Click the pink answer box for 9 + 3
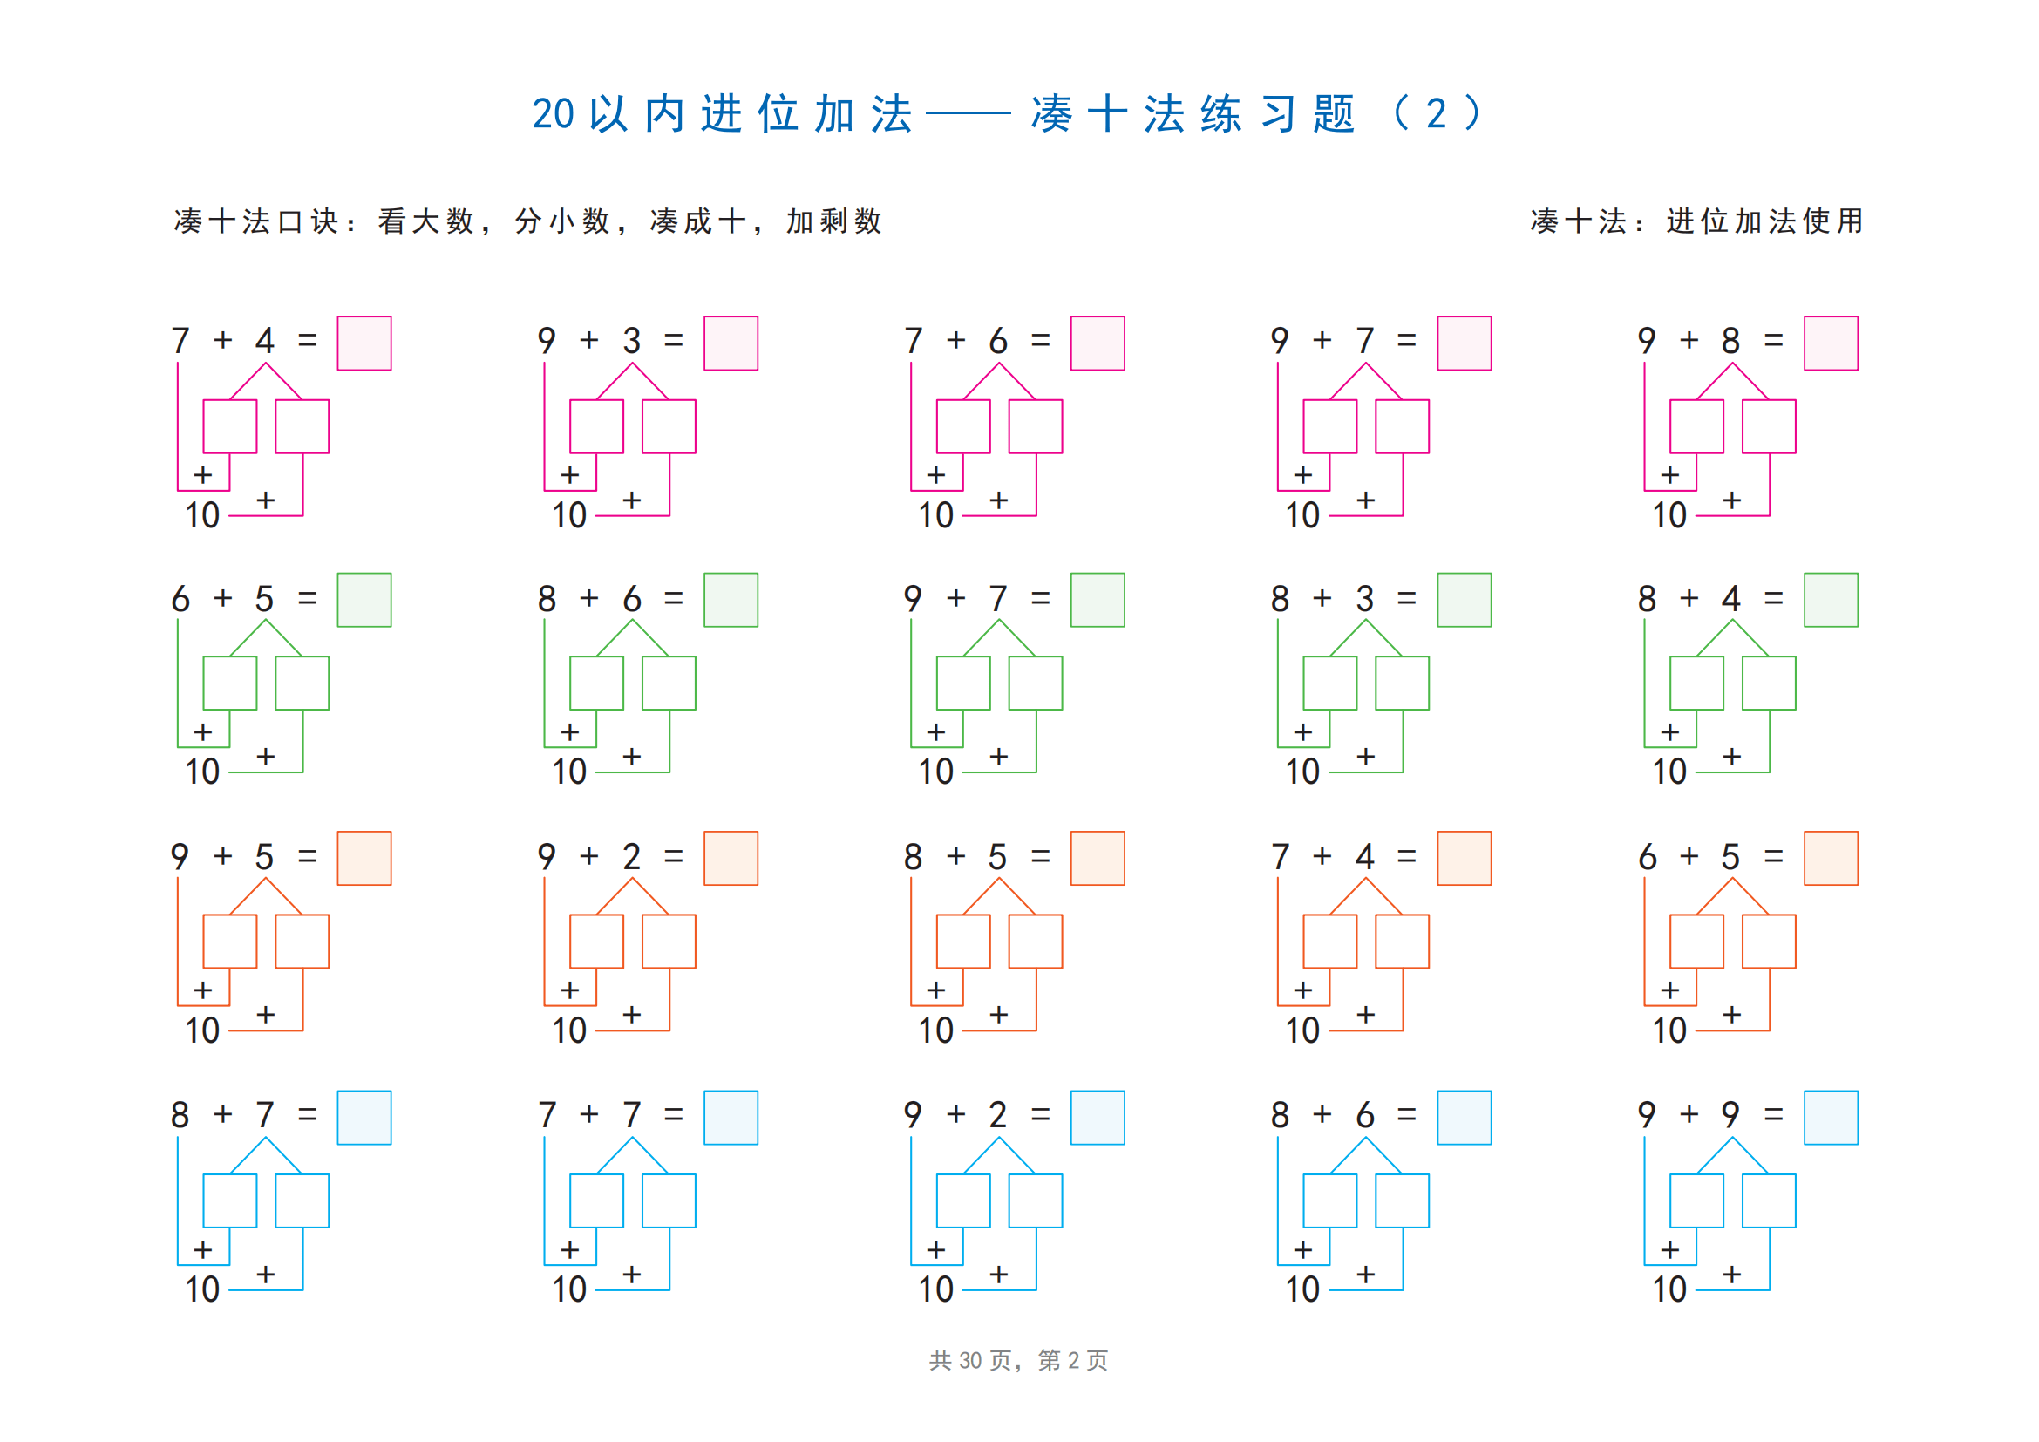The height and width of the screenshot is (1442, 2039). tap(731, 343)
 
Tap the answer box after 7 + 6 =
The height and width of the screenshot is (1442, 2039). tap(1098, 343)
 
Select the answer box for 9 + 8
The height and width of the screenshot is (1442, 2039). tap(1832, 343)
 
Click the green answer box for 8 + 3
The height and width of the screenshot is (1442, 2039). tap(1465, 600)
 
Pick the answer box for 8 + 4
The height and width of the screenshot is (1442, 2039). tap(1832, 600)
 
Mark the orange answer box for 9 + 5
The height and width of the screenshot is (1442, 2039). tap(364, 859)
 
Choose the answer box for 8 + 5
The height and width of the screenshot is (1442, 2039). tap(1098, 859)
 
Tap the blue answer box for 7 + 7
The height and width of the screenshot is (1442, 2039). tap(731, 1118)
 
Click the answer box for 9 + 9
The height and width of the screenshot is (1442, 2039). tap(1832, 1118)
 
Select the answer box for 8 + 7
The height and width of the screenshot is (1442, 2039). tap(364, 1118)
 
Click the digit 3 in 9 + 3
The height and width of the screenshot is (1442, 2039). tap(631, 340)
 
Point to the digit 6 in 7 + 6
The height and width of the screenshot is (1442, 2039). tap(998, 340)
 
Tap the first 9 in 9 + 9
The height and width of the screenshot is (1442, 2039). tap(1647, 1114)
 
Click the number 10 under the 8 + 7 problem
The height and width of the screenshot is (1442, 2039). tap(202, 1289)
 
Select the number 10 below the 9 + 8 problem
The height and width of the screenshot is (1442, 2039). tap(1669, 515)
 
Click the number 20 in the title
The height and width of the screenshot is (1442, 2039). tap(554, 113)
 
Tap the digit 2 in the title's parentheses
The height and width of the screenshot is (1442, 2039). tap(1436, 113)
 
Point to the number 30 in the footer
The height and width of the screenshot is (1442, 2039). tap(969, 1360)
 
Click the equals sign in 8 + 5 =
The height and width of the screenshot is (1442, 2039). tap(1041, 857)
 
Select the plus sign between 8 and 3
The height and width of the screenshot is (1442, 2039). tap(1322, 598)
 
